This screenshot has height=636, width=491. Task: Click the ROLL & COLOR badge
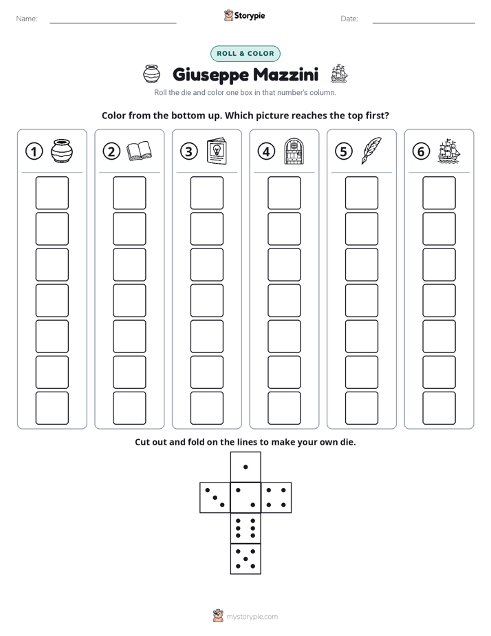(245, 54)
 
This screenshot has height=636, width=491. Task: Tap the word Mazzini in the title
(285, 74)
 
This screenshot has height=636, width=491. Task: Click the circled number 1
(34, 151)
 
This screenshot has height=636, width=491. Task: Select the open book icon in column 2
(139, 151)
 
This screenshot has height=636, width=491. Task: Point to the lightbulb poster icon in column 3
(217, 151)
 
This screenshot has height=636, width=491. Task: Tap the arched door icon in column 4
(294, 151)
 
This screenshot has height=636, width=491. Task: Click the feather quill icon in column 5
(371, 151)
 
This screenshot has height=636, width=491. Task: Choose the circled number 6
(421, 151)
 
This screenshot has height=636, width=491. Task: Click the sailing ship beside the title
(339, 74)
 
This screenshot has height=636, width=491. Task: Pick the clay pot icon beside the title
(151, 74)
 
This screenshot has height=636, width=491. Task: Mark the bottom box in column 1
(52, 408)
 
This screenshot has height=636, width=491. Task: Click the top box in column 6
(439, 193)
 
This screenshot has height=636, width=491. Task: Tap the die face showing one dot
(245, 467)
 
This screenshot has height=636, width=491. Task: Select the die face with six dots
(245, 528)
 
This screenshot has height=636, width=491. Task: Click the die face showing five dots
(245, 558)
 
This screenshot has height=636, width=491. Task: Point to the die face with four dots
(276, 497)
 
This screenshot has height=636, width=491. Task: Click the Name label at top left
(27, 19)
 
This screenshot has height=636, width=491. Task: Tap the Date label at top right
(349, 19)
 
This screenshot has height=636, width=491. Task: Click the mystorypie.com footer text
(252, 617)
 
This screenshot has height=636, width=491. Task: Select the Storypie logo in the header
(244, 15)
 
